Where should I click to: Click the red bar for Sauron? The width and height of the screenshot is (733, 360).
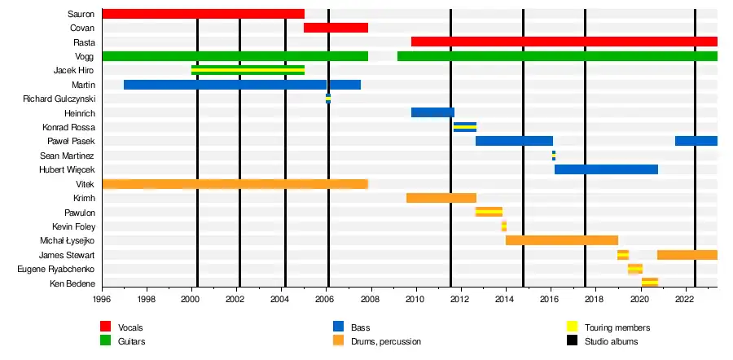pyautogui.click(x=203, y=14)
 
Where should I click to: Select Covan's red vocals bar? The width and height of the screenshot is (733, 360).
pyautogui.click(x=336, y=28)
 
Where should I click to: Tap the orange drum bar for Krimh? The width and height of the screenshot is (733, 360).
pyautogui.click(x=441, y=198)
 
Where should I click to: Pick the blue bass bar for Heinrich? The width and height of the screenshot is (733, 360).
pyautogui.click(x=432, y=112)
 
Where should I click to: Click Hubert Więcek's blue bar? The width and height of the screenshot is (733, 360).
pyautogui.click(x=606, y=169)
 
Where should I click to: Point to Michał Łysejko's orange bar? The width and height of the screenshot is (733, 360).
pyautogui.click(x=561, y=240)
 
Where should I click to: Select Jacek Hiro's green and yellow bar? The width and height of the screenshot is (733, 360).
pyautogui.click(x=248, y=70)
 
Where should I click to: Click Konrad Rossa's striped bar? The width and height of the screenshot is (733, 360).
pyautogui.click(x=464, y=127)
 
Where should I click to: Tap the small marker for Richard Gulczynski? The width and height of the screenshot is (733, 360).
pyautogui.click(x=328, y=99)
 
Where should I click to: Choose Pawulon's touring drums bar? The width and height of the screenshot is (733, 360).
pyautogui.click(x=489, y=212)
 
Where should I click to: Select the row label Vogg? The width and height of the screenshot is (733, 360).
pyautogui.click(x=85, y=56)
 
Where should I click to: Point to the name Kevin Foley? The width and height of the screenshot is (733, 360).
pyautogui.click(x=73, y=226)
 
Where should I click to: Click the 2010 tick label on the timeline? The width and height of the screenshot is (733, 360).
pyautogui.click(x=415, y=299)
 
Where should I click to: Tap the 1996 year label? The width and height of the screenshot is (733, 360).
pyautogui.click(x=103, y=299)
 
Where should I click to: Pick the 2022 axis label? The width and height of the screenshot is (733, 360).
pyautogui.click(x=684, y=299)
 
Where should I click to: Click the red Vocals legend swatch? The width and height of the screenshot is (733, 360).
pyautogui.click(x=106, y=327)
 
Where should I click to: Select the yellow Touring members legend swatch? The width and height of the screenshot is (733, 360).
pyautogui.click(x=573, y=327)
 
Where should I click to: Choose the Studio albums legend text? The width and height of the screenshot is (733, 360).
pyautogui.click(x=611, y=341)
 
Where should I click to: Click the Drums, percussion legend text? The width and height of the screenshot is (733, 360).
pyautogui.click(x=387, y=341)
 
